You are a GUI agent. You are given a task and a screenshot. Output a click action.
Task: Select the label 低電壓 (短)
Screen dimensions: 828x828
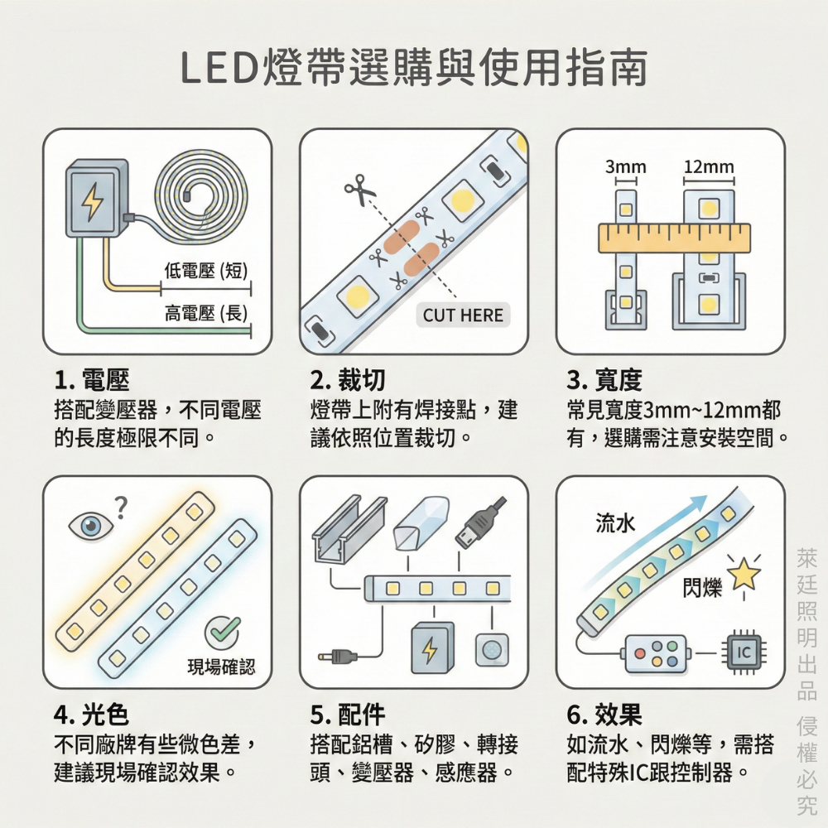pos(206,270)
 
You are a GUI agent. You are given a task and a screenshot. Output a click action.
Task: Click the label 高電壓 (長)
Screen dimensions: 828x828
pos(206,313)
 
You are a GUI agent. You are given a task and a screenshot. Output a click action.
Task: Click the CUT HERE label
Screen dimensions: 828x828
pos(463,315)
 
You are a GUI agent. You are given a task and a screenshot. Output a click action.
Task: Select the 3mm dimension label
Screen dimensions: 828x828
pos(625,168)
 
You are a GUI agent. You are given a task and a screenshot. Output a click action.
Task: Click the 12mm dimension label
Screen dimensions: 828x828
pos(709,168)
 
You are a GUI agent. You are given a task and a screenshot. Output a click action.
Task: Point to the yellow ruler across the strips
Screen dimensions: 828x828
pos(674,238)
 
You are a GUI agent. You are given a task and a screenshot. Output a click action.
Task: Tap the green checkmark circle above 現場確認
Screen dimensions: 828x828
pos(223,633)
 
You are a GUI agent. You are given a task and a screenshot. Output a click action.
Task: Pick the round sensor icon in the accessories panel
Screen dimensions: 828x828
pos(492,650)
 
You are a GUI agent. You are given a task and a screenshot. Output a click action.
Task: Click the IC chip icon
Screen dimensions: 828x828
pos(744,652)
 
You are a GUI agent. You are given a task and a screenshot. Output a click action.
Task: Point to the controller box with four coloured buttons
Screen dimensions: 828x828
pos(656,652)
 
